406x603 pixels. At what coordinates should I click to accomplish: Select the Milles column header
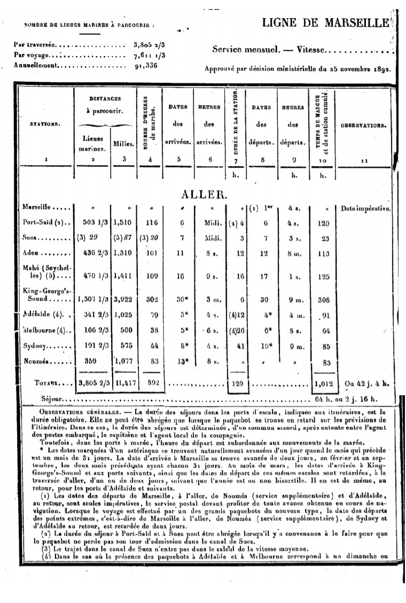tap(124, 143)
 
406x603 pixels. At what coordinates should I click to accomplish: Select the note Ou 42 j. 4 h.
tap(368, 382)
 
